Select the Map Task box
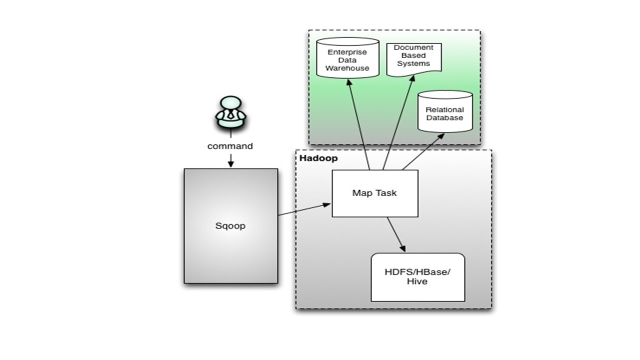coord(374,193)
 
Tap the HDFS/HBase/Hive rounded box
coord(417,277)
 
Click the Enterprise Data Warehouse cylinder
coord(348,57)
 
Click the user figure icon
coord(230,112)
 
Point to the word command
coord(230,146)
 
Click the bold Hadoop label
coord(318,158)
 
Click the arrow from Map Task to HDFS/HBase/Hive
coord(395,234)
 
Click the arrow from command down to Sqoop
coord(230,160)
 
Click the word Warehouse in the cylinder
coord(347,68)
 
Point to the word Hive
coord(417,281)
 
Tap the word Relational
coord(444,109)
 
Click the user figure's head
coord(230,103)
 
